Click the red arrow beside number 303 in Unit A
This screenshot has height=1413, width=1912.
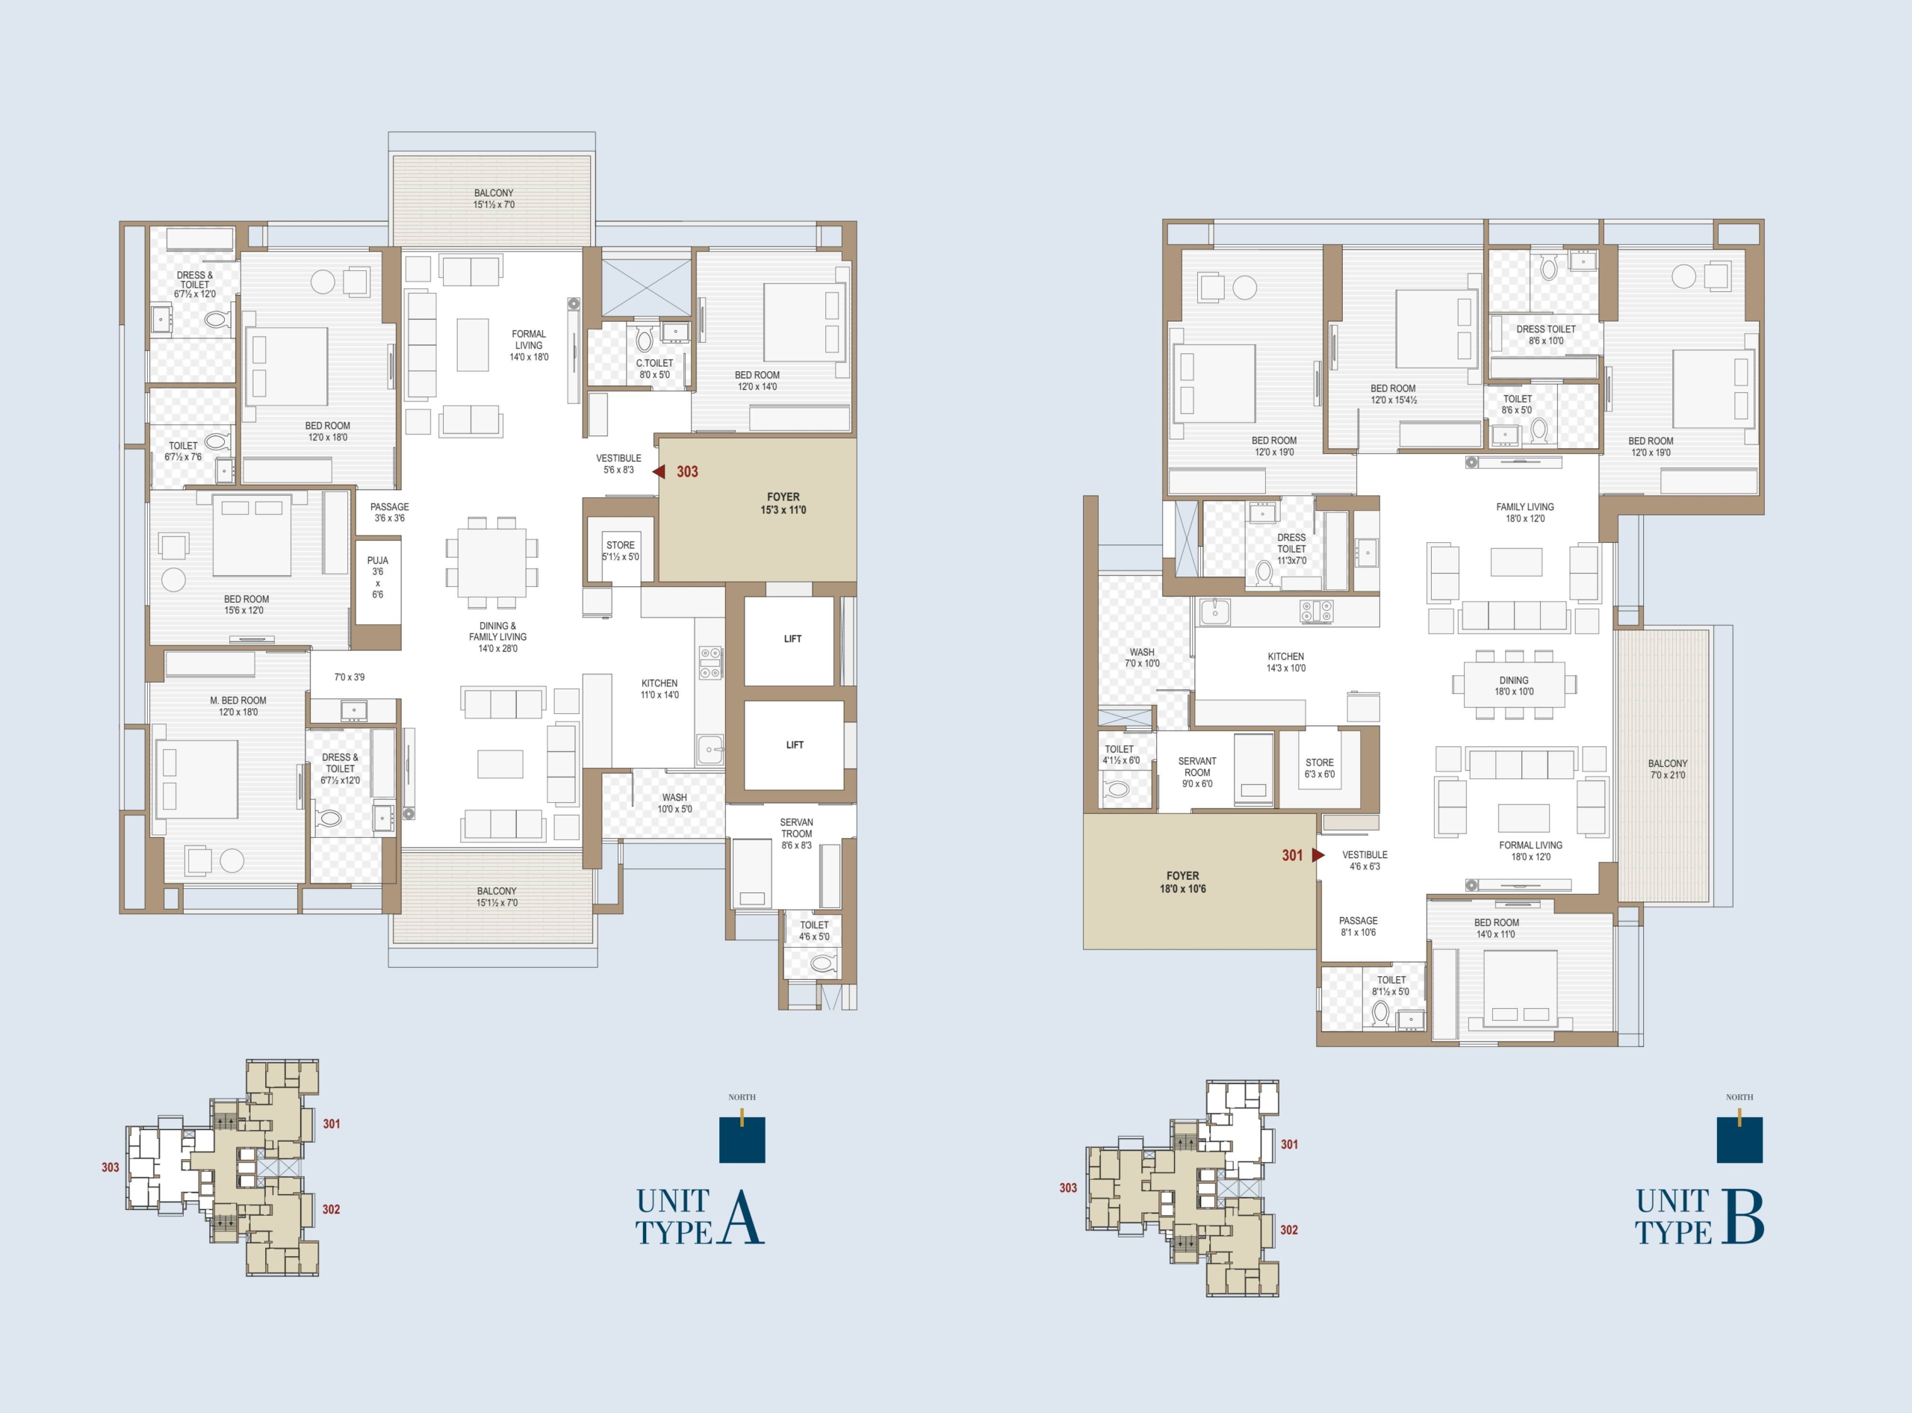click(659, 471)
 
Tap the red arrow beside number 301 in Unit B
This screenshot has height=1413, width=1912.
click(1318, 854)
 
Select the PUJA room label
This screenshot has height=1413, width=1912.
click(377, 561)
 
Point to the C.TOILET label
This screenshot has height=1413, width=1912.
click(654, 364)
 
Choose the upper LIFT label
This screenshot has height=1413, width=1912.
click(793, 639)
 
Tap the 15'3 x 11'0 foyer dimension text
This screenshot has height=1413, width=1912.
click(783, 511)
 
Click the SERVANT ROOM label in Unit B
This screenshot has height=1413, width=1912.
click(1196, 766)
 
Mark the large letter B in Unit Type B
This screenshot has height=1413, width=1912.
click(1743, 1217)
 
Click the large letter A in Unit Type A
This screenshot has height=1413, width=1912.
click(742, 1217)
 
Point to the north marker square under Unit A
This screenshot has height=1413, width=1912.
click(742, 1140)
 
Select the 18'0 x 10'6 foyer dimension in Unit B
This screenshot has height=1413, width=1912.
click(1182, 889)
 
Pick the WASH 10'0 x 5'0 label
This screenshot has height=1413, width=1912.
click(674, 803)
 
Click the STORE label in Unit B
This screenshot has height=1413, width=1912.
click(1319, 762)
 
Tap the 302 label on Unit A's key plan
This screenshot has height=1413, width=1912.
click(331, 1209)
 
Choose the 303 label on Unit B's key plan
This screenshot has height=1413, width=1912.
click(1067, 1188)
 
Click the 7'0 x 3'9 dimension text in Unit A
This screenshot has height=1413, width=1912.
click(349, 677)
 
